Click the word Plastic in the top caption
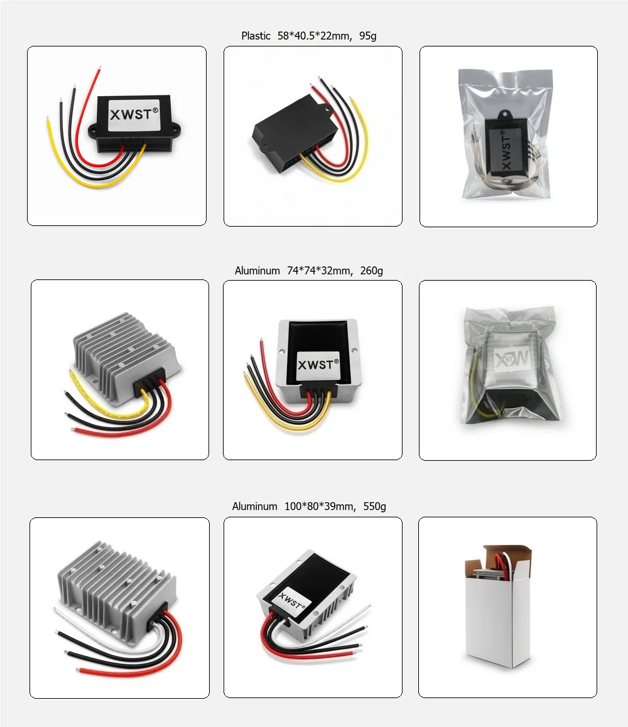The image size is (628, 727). tap(256, 36)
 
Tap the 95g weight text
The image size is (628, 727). tap(368, 36)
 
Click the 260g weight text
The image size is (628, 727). tap(372, 271)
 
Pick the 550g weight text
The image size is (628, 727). tap(375, 506)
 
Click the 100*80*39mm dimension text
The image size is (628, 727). tap(320, 506)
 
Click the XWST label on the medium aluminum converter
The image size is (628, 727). tap(318, 364)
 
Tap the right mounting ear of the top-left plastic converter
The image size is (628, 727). tap(175, 131)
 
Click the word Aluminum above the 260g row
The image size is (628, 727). tap(257, 271)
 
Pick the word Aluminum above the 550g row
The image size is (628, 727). tap(254, 506)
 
